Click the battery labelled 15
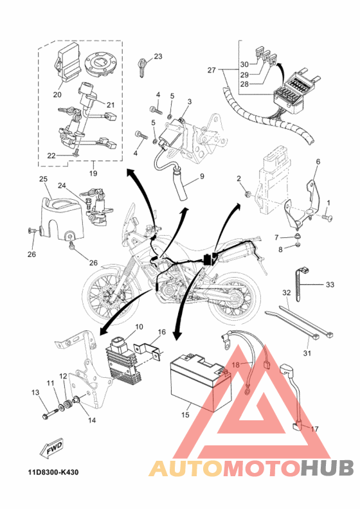tap(201, 383)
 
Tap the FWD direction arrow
tap(51, 449)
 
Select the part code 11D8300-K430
tap(53, 472)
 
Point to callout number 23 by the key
tap(157, 57)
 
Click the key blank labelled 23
tap(142, 67)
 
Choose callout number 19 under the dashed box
tap(93, 173)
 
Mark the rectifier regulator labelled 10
tap(124, 361)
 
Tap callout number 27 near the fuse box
tap(212, 70)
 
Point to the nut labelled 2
tap(248, 194)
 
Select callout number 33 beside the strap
tap(330, 284)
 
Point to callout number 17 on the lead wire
tap(314, 429)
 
